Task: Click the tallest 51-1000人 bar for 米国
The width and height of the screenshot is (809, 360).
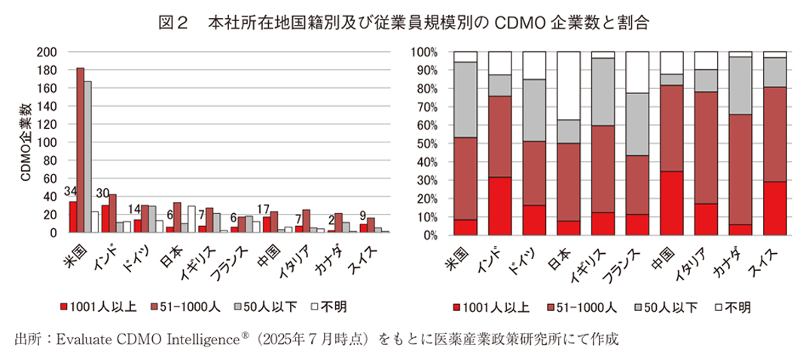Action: tap(81, 151)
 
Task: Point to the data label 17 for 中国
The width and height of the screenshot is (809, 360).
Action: tap(266, 209)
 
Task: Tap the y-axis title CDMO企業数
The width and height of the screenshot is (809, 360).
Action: tap(24, 144)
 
